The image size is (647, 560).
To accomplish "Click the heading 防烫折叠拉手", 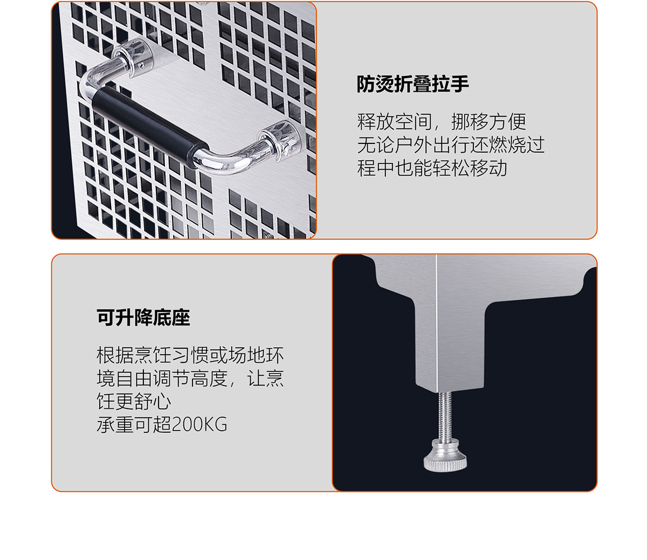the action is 412,84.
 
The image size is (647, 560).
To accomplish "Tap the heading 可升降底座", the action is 143,317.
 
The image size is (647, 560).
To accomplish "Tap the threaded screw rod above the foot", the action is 445,415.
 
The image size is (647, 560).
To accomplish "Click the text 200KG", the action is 199,425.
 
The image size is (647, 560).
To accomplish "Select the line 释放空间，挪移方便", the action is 442,122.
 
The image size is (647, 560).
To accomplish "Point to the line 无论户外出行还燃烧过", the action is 451,145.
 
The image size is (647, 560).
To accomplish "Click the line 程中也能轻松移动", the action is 432,168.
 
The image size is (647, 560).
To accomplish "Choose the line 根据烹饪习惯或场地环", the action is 190,355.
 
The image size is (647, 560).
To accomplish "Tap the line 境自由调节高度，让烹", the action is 190,378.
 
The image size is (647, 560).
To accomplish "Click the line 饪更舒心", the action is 134,402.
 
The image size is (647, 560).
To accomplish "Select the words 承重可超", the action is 134,425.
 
